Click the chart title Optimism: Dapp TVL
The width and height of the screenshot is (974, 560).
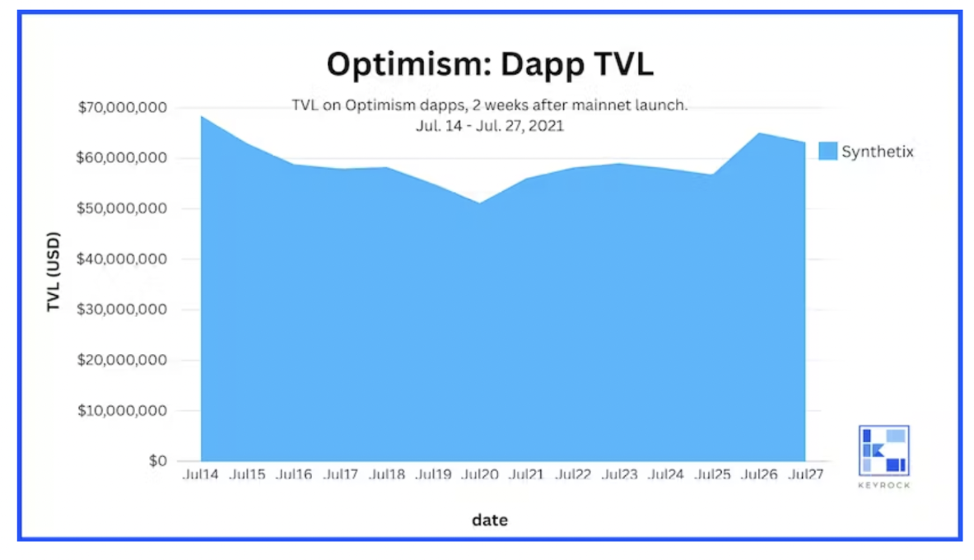pyautogui.click(x=489, y=63)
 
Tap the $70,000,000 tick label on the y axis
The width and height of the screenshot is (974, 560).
pyautogui.click(x=123, y=108)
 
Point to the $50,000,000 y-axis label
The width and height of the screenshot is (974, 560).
pyautogui.click(x=123, y=209)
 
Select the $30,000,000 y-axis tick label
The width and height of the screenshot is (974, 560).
pyautogui.click(x=123, y=310)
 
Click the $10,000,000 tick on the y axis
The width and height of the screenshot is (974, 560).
pyautogui.click(x=123, y=411)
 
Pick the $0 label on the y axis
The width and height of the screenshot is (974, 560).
pyautogui.click(x=157, y=461)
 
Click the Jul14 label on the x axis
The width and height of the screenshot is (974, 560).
pyautogui.click(x=200, y=475)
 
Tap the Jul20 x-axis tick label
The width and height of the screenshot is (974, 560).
pyautogui.click(x=480, y=475)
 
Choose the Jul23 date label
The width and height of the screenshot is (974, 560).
pyautogui.click(x=620, y=475)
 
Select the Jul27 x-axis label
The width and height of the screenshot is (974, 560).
pyautogui.click(x=805, y=475)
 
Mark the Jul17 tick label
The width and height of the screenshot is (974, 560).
pyautogui.click(x=340, y=475)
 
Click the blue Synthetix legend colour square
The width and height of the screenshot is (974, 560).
pyautogui.click(x=827, y=152)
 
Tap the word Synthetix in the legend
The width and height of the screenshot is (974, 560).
pyautogui.click(x=878, y=152)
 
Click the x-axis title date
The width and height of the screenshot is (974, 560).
pyautogui.click(x=490, y=520)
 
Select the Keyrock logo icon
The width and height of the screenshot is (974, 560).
pyautogui.click(x=883, y=450)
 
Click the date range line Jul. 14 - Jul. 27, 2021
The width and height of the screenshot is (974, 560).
pyautogui.click(x=489, y=127)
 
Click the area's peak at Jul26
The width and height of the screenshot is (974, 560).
pyautogui.click(x=759, y=133)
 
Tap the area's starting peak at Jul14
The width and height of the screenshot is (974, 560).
pyautogui.click(x=202, y=117)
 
